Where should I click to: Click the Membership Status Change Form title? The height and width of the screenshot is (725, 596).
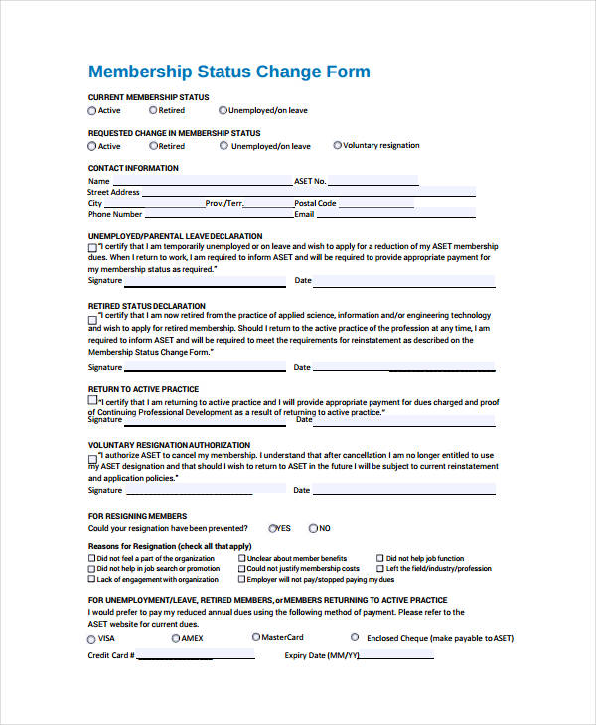coord(228,72)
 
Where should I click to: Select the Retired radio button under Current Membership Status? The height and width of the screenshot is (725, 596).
coord(152,110)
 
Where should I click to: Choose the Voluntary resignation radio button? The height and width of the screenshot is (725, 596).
coord(338,145)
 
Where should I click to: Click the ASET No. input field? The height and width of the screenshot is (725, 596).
coord(372,181)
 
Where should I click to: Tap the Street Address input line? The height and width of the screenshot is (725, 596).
coord(219,192)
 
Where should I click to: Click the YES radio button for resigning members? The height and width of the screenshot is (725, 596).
coord(271,528)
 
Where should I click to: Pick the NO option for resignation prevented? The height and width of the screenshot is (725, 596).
coord(314,528)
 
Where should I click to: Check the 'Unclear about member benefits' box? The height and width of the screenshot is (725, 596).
coord(240,558)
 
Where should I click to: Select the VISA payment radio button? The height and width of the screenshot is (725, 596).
coord(92,639)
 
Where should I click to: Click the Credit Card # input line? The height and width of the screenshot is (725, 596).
coord(194,656)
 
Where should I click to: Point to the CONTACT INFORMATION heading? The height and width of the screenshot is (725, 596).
coord(133,168)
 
